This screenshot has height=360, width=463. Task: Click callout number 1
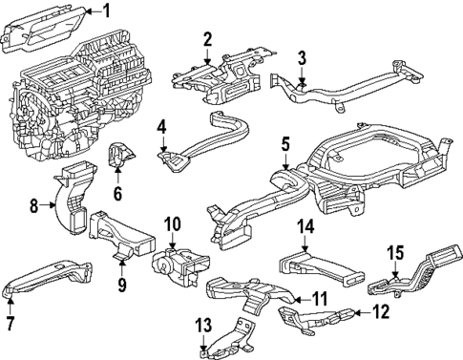click(x=107, y=11)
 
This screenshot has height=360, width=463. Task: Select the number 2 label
click(x=207, y=38)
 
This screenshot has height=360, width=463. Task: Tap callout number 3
click(x=302, y=57)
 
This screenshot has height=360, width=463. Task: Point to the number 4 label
click(x=162, y=125)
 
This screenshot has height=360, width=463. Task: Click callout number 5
click(x=285, y=144)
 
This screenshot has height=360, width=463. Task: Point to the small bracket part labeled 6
click(x=121, y=158)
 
